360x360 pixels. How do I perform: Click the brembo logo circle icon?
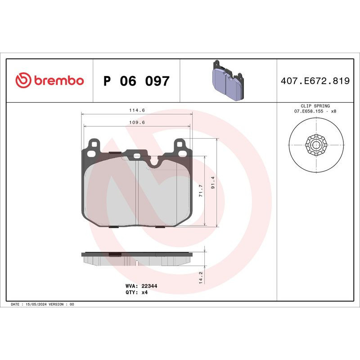[x=23, y=81]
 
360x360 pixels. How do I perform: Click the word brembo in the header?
[x=58, y=81]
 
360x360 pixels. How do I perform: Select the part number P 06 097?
[x=136, y=81]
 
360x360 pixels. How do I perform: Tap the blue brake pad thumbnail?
[x=227, y=81]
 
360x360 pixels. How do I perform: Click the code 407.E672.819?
[x=315, y=81]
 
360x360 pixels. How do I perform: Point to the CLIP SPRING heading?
[x=315, y=106]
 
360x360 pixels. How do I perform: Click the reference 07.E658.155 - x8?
[x=315, y=111]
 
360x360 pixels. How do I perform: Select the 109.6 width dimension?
[x=136, y=122]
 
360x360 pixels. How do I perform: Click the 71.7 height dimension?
[x=202, y=190]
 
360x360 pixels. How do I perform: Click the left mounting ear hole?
[x=94, y=144]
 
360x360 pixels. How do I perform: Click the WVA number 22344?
[x=149, y=286]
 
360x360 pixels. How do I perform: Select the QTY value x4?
[x=144, y=292]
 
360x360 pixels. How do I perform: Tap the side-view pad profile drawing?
[x=137, y=258]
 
